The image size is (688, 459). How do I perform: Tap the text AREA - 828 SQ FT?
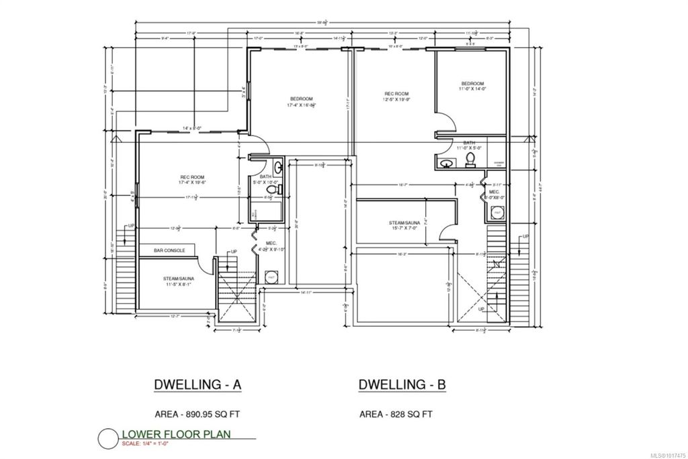pyautogui.click(x=394, y=414)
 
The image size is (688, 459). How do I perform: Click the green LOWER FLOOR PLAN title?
pyautogui.click(x=175, y=434)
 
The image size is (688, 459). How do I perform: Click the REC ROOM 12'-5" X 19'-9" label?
pyautogui.click(x=396, y=97)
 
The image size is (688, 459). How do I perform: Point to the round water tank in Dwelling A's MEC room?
pyautogui.click(x=271, y=277)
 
